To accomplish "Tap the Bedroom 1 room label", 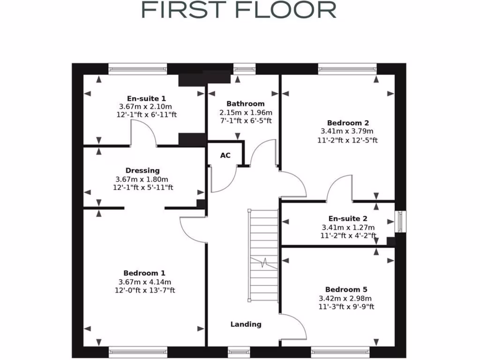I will pos(144,273).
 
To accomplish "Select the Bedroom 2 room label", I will pos(345,123).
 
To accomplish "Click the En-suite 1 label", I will pos(146,98).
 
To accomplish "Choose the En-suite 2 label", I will pos(348,218).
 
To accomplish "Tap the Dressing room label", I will pos(142,171).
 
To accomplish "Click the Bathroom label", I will pos(245,104).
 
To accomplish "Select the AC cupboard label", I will pos(225,155).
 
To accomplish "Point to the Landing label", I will pos(246,324).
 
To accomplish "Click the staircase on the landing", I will pos(263,255).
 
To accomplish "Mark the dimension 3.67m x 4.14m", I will pos(145,282).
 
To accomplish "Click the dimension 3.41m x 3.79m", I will pos(347,131).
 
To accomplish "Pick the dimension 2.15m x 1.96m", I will pos(246,112).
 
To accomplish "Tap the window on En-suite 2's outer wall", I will pos(401,221).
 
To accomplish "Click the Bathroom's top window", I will pos(244,69).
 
